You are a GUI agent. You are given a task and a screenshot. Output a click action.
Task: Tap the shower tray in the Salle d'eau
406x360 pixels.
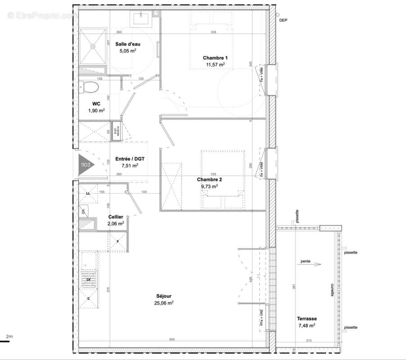(93, 45)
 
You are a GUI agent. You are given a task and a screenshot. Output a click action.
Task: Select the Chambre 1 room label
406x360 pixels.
(215, 58)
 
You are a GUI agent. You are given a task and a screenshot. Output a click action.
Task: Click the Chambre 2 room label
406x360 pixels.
(209, 179)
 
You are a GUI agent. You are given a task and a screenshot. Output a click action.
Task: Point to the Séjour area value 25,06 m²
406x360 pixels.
(164, 303)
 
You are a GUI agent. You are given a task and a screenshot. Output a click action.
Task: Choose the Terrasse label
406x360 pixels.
(306, 318)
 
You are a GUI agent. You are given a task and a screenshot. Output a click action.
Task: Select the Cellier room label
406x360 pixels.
(116, 217)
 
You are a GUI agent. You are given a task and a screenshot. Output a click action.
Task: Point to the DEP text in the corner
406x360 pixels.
(283, 21)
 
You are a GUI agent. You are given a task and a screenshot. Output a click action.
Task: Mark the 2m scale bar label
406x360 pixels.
(9, 337)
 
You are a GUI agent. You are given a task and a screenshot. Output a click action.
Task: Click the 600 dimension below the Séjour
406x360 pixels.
(172, 340)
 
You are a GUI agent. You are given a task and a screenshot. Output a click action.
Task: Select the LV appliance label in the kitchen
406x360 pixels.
(89, 279)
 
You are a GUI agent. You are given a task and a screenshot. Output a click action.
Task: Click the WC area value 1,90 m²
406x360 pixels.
(96, 110)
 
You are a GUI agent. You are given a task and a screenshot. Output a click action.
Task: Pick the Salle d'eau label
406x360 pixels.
(127, 44)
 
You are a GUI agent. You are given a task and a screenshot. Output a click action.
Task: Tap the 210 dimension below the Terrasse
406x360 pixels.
(309, 340)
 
